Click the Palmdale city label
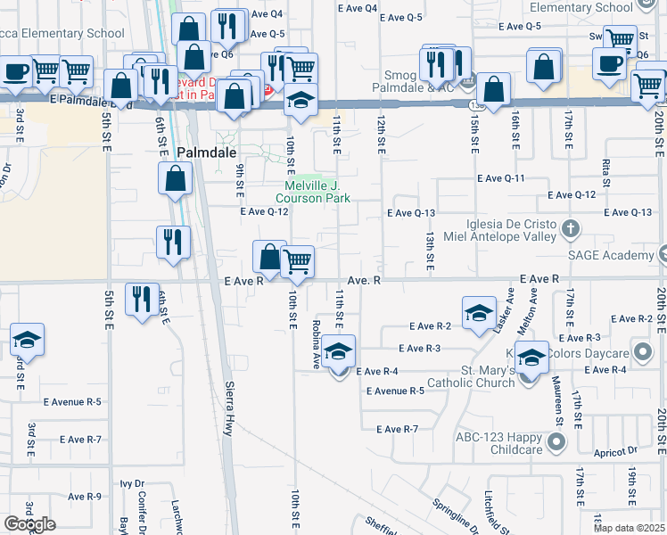206,152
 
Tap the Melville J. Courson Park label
312,192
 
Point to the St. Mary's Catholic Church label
465,375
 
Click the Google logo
29,523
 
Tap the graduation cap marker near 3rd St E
27,340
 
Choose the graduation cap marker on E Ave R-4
338,351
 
